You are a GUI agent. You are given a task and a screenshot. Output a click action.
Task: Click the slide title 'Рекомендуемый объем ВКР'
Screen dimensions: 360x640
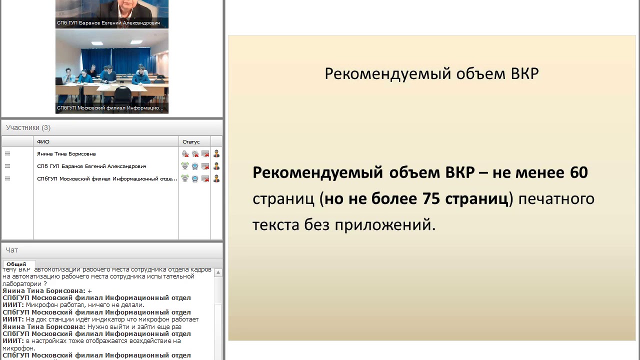431,73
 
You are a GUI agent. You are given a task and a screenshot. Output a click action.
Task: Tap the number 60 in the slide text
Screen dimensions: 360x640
578,172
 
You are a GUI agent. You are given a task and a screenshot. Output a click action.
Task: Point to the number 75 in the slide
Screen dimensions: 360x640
431,199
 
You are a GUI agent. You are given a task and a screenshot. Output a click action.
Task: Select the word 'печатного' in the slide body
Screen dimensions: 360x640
556,199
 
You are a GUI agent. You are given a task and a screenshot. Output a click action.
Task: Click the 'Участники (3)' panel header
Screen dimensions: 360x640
28,127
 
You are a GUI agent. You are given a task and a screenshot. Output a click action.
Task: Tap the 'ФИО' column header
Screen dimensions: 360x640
43,142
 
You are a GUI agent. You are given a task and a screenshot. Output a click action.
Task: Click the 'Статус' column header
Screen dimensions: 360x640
191,142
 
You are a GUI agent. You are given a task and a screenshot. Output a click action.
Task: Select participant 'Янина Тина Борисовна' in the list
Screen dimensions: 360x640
66,154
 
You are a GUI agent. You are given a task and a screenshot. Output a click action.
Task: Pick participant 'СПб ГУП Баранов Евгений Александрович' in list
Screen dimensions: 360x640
91,166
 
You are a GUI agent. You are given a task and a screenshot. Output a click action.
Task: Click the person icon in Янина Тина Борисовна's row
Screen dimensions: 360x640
216,154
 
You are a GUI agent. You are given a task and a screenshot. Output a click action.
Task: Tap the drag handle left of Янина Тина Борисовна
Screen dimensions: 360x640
7,154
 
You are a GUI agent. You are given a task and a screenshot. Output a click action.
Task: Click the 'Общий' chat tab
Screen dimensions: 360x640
16,264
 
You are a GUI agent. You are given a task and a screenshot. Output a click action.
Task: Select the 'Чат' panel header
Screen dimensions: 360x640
12,250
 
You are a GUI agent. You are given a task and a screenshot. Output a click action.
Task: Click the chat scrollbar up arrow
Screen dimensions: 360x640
218,273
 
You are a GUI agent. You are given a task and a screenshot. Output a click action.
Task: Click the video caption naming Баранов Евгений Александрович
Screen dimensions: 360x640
108,23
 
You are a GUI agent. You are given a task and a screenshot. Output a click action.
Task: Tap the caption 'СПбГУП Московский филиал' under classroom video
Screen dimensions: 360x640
110,108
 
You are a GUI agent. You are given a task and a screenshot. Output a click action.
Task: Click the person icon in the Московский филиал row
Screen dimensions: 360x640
216,178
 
